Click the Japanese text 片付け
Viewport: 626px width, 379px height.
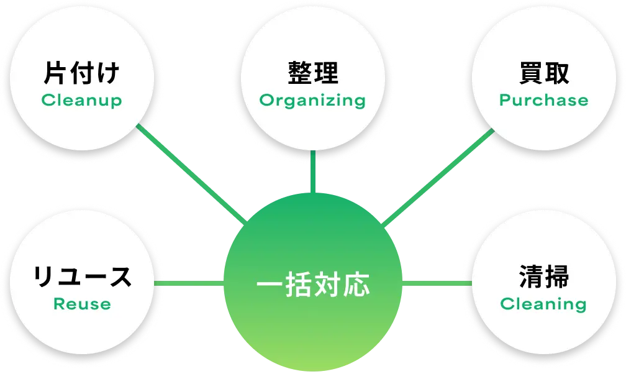tap(81, 73)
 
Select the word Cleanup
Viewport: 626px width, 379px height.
tap(81, 100)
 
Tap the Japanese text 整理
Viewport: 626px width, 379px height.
tap(313, 73)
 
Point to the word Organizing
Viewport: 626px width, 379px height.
tap(312, 101)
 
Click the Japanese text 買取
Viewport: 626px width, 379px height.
tap(544, 73)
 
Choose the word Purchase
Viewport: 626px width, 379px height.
tap(544, 100)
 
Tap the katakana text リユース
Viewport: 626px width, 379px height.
tap(82, 276)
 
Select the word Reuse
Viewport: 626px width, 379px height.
tap(82, 304)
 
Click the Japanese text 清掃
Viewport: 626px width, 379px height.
tap(544, 276)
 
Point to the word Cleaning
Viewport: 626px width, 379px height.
tap(543, 304)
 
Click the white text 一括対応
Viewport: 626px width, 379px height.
tap(313, 285)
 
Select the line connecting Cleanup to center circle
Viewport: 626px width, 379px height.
tap(192, 173)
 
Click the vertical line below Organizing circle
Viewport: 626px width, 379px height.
tap(313, 171)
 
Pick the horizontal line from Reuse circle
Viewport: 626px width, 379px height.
tap(189, 283)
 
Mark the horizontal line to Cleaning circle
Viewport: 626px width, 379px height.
tap(437, 283)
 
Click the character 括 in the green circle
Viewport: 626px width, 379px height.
tap(299, 285)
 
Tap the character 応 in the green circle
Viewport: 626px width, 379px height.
tap(356, 285)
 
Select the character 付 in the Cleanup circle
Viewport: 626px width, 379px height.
tap(81, 73)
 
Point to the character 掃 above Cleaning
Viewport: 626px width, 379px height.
tap(557, 276)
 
